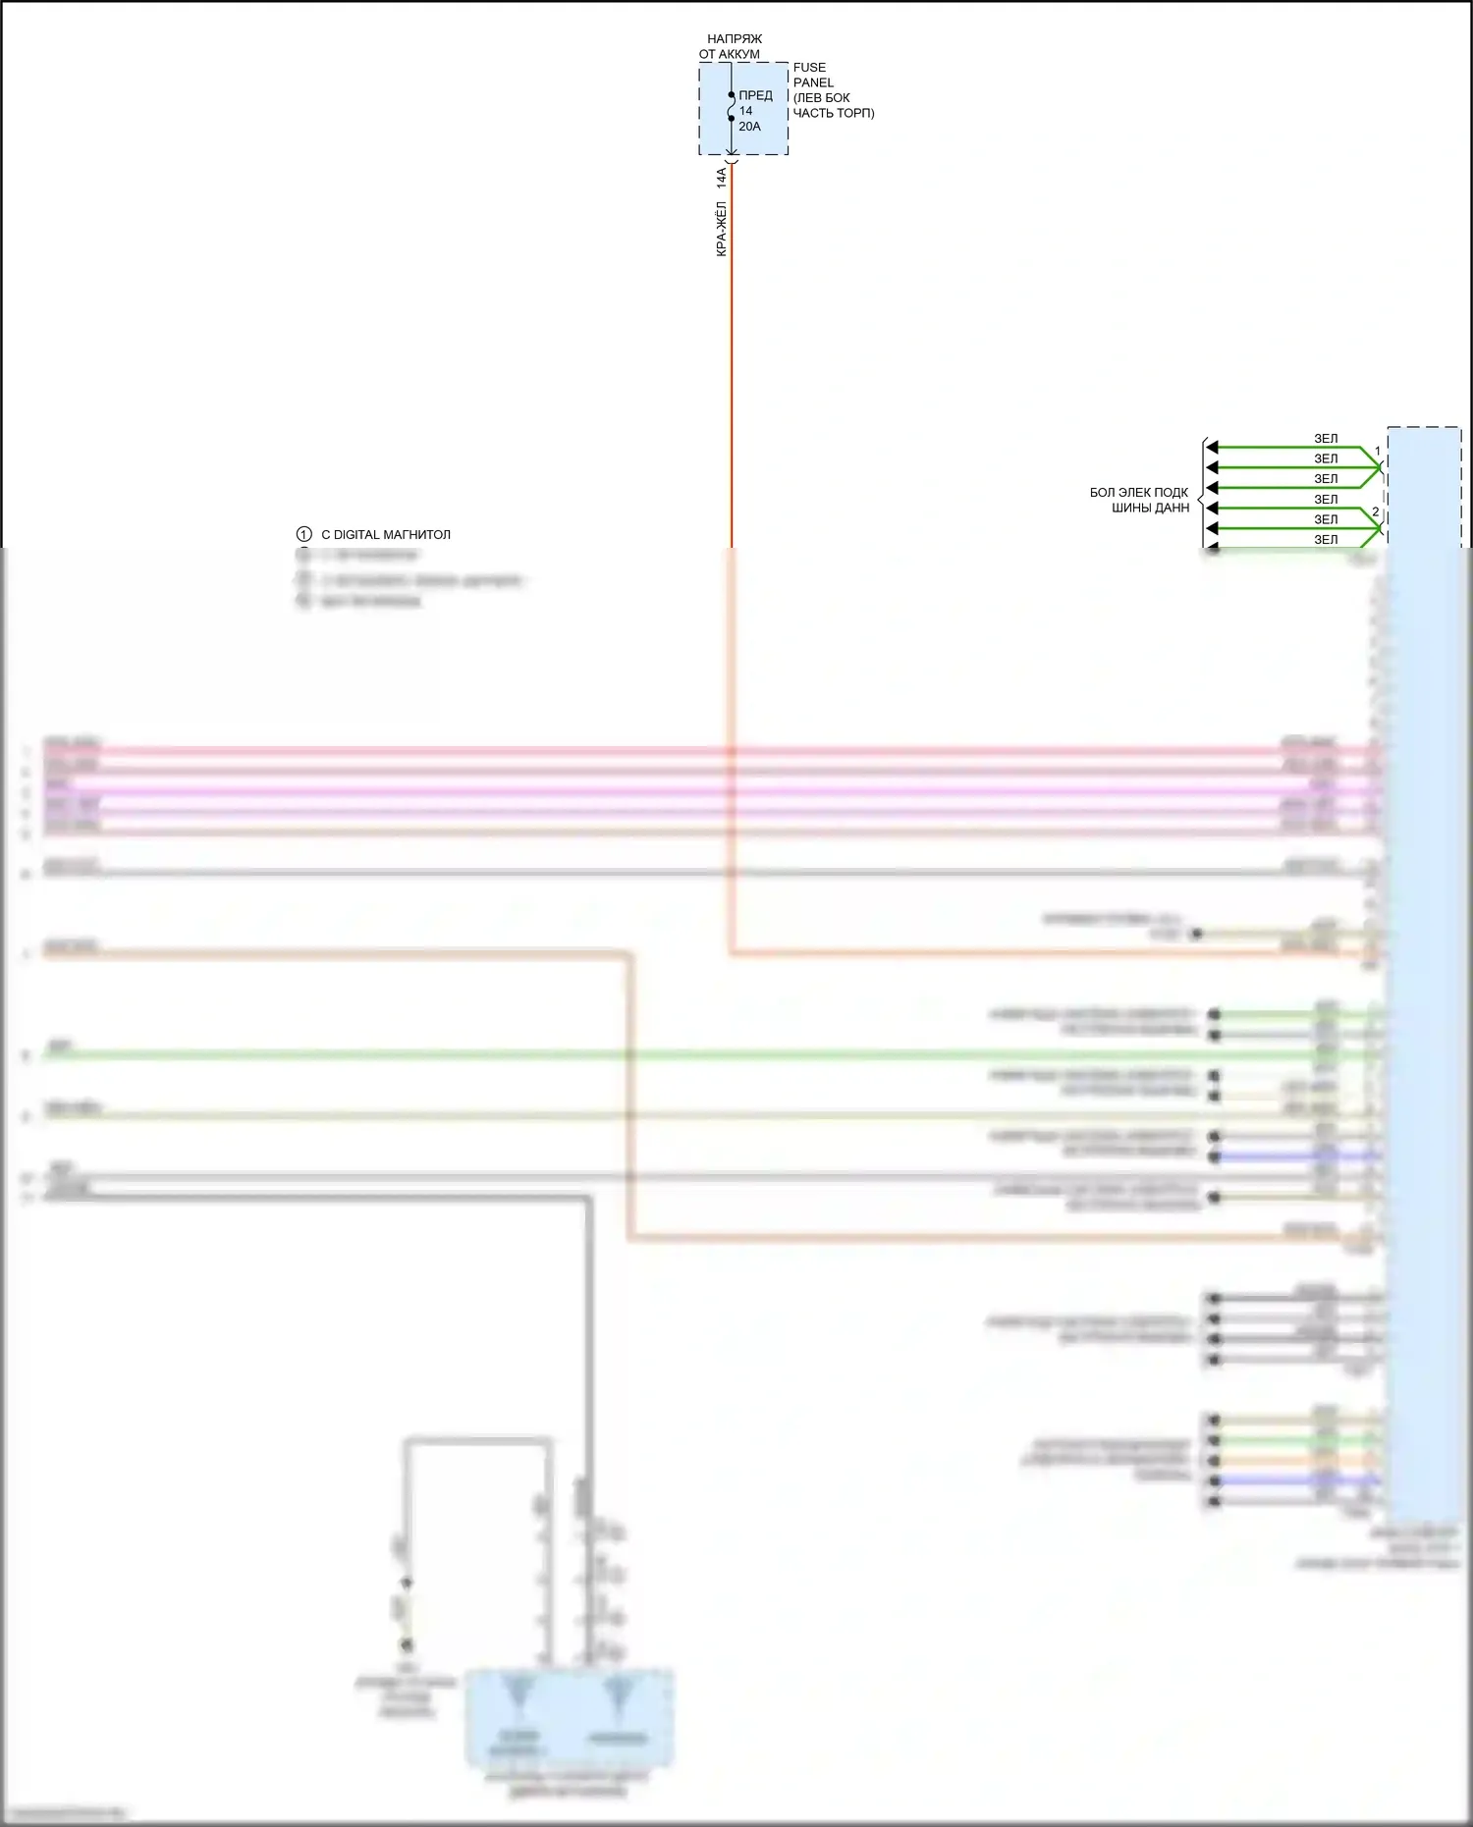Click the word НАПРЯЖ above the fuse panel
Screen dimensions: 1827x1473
coord(734,39)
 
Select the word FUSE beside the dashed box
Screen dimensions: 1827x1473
coord(809,68)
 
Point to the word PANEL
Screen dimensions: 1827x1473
coord(813,82)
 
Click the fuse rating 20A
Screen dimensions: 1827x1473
coord(749,127)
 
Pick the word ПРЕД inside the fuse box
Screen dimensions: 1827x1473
coord(755,95)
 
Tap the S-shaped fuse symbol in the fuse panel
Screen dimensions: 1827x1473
coord(732,107)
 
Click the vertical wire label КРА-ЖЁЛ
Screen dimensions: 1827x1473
coord(721,229)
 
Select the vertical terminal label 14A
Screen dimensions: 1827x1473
coord(721,178)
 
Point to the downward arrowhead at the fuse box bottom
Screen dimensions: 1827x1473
coord(732,151)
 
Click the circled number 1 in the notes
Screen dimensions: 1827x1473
coord(304,534)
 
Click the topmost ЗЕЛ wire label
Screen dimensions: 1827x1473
coord(1326,439)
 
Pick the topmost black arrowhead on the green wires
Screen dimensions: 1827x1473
coord(1212,448)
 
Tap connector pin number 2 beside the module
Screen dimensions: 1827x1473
coord(1376,512)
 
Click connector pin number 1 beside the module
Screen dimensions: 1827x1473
coord(1377,452)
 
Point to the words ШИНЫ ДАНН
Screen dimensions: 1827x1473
coord(1150,508)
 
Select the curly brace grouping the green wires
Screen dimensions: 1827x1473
coord(1202,499)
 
